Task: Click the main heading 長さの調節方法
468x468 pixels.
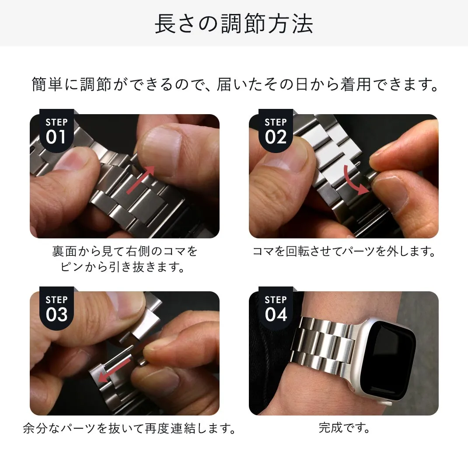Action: click(x=234, y=24)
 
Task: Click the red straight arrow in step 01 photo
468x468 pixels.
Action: click(x=140, y=180)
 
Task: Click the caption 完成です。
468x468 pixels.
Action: click(x=344, y=427)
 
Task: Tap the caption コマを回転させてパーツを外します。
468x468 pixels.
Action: click(x=344, y=251)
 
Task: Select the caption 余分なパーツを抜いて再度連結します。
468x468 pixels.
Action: click(x=129, y=428)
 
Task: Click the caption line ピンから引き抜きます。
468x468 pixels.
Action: click(x=125, y=267)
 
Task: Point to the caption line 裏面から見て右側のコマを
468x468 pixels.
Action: click(x=125, y=251)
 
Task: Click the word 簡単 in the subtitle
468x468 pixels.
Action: click(x=48, y=84)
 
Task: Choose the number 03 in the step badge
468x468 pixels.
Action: click(x=56, y=314)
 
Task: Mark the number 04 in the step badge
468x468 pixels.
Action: click(x=276, y=314)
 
